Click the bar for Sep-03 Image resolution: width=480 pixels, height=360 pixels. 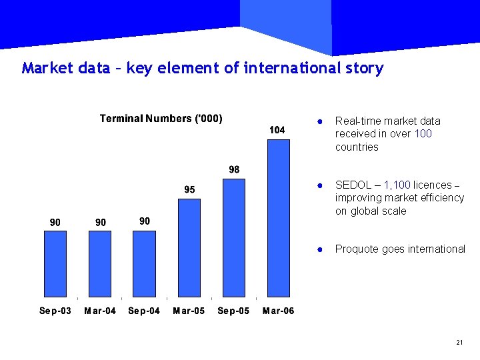click(x=55, y=263)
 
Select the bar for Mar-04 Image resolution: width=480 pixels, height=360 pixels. click(x=100, y=263)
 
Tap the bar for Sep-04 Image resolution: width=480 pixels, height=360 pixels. click(x=145, y=263)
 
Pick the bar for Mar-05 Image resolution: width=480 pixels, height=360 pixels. click(x=189, y=247)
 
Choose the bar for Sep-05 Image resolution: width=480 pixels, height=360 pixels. click(x=234, y=237)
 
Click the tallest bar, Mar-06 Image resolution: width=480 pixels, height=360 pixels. click(x=279, y=218)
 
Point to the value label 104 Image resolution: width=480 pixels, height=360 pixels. click(x=277, y=130)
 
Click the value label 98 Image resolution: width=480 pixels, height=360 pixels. click(x=234, y=169)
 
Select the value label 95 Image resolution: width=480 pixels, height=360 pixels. click(x=189, y=190)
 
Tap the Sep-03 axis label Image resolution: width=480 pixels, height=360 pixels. click(x=55, y=311)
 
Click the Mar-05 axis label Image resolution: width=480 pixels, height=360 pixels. click(x=189, y=311)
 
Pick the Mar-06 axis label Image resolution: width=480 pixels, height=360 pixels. click(x=278, y=311)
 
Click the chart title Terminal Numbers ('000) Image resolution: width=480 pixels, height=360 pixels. click(x=161, y=119)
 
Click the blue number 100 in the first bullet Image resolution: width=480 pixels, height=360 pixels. click(x=423, y=134)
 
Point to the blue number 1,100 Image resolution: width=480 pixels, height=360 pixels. click(x=397, y=185)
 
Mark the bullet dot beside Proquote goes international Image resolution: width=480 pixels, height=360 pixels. click(x=320, y=249)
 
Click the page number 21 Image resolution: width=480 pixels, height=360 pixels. click(x=459, y=343)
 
